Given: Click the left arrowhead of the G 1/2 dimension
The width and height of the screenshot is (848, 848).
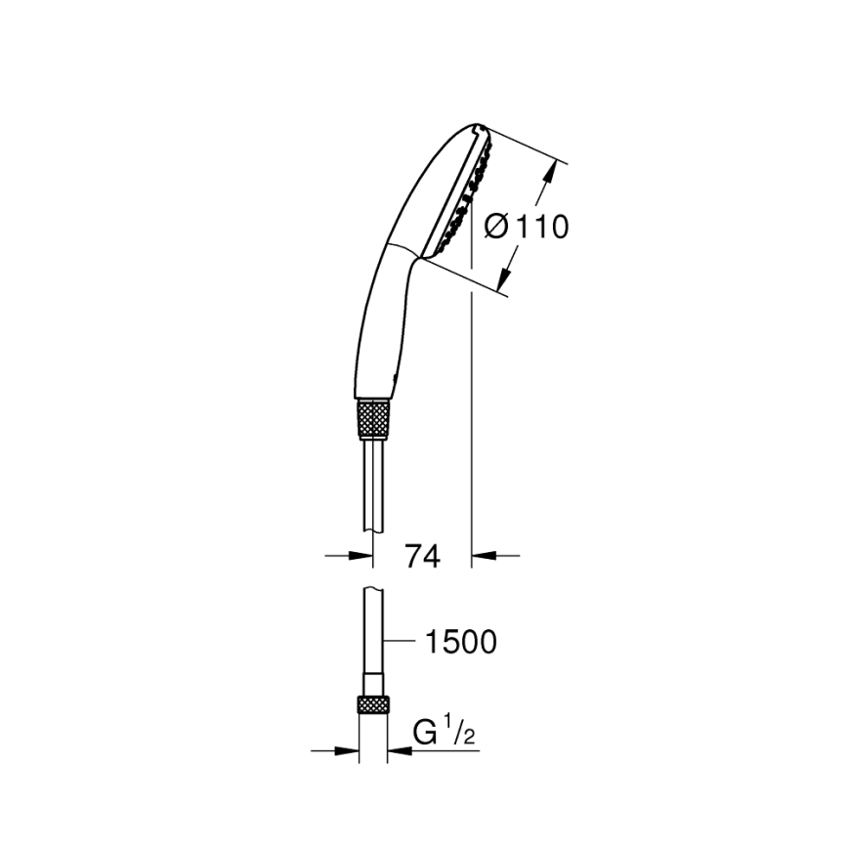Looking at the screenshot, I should [x=351, y=750].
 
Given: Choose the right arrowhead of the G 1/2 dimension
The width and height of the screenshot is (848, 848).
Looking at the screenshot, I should [x=399, y=750].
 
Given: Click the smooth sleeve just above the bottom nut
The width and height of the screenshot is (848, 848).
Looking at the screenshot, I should [x=375, y=682].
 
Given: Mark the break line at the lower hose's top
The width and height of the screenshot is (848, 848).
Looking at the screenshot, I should [x=375, y=588].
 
